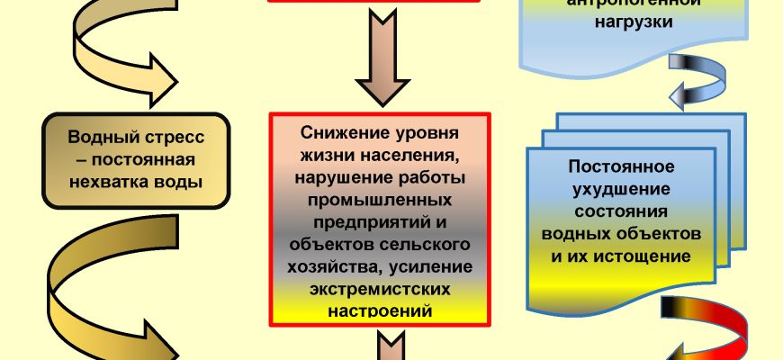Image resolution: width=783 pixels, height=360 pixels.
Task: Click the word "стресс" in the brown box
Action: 170,139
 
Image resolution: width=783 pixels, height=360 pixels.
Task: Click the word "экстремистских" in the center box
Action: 378,289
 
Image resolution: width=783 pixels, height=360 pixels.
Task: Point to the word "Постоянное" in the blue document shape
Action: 621,167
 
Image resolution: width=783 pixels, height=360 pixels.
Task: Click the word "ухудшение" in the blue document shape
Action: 621,189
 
